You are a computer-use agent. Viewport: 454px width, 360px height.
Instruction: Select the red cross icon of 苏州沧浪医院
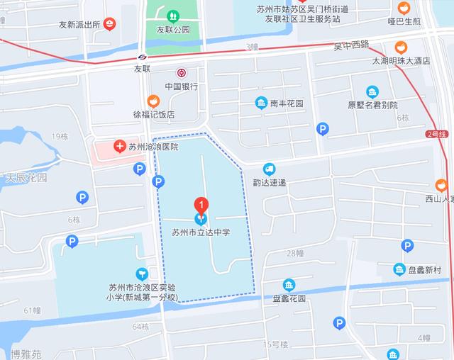point(119,147)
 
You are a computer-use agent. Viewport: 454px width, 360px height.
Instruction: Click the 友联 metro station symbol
point(143,57)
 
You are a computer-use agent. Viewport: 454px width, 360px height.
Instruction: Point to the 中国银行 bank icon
point(181,72)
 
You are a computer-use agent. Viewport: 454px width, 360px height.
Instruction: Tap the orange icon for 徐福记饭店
point(152,101)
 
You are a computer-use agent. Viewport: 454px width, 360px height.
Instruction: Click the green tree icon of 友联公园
point(172,16)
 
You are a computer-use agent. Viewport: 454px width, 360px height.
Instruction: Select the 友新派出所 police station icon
point(109,24)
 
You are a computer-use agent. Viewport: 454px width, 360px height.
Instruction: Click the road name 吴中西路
point(352,45)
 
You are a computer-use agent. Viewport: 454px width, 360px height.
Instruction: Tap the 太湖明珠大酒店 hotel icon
point(402,47)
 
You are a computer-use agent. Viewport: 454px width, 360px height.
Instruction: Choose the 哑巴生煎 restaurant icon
point(404,9)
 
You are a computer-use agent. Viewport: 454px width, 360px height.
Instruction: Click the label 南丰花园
point(287,103)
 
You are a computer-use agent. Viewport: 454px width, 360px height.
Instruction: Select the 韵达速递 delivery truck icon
point(269,169)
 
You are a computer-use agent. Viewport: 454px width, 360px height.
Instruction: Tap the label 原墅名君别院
point(372,105)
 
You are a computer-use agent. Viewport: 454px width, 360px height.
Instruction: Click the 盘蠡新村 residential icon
point(400,269)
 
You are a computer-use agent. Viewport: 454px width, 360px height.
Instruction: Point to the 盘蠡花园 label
point(288,298)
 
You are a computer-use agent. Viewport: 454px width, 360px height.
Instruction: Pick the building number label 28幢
point(295,253)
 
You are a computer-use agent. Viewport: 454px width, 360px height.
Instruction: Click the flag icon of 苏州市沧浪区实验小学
point(142,274)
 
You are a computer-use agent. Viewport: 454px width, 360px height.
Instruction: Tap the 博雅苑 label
point(26,353)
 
